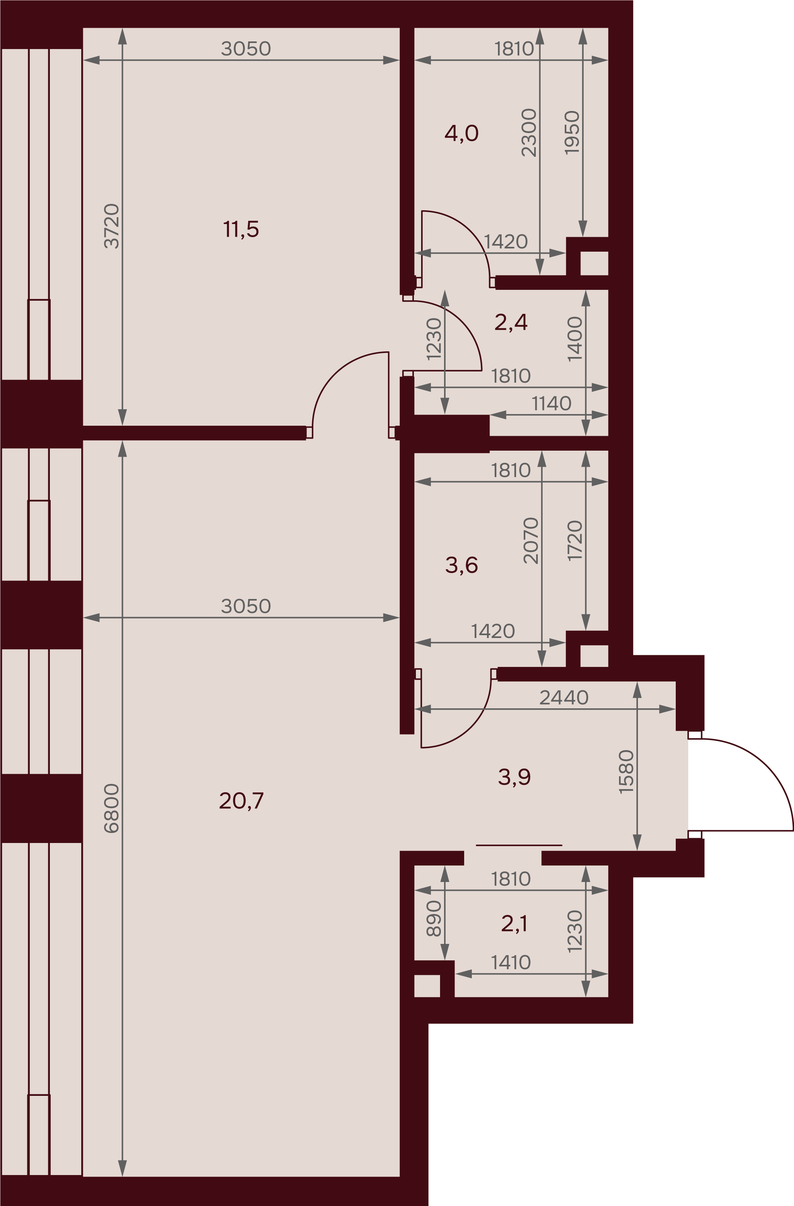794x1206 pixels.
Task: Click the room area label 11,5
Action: [241, 229]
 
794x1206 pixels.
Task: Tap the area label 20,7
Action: [241, 801]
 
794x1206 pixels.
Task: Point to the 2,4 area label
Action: [511, 322]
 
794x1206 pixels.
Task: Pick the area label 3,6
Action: [461, 565]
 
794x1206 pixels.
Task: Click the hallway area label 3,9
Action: [514, 776]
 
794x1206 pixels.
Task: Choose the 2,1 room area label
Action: [514, 923]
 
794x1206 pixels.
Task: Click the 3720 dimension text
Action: [111, 226]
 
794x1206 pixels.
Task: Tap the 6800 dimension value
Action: [111, 808]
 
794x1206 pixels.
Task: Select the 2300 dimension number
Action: [529, 132]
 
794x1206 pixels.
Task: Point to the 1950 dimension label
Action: [572, 132]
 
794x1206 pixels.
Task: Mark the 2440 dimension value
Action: [564, 698]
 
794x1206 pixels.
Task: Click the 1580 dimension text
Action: [627, 771]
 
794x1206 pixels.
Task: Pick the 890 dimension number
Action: [434, 918]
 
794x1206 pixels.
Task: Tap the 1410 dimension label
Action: [511, 963]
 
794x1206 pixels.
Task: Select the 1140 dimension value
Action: [551, 404]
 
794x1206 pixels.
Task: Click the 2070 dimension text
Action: [531, 541]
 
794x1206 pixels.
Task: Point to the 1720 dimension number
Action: [575, 541]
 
